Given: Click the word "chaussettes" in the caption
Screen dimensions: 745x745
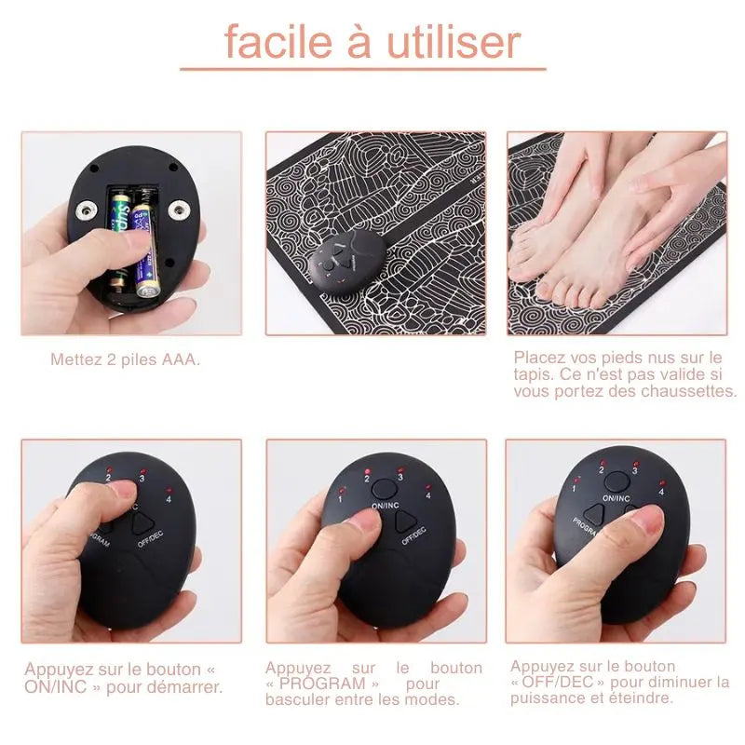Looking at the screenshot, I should click(688, 391).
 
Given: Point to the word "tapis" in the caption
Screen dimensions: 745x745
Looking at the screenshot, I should click(531, 374).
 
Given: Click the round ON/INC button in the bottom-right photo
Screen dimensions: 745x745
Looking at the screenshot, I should click(616, 481).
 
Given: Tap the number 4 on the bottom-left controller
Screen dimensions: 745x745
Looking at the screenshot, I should click(169, 497).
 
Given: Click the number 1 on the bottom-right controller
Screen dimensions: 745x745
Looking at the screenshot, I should click(575, 488).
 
